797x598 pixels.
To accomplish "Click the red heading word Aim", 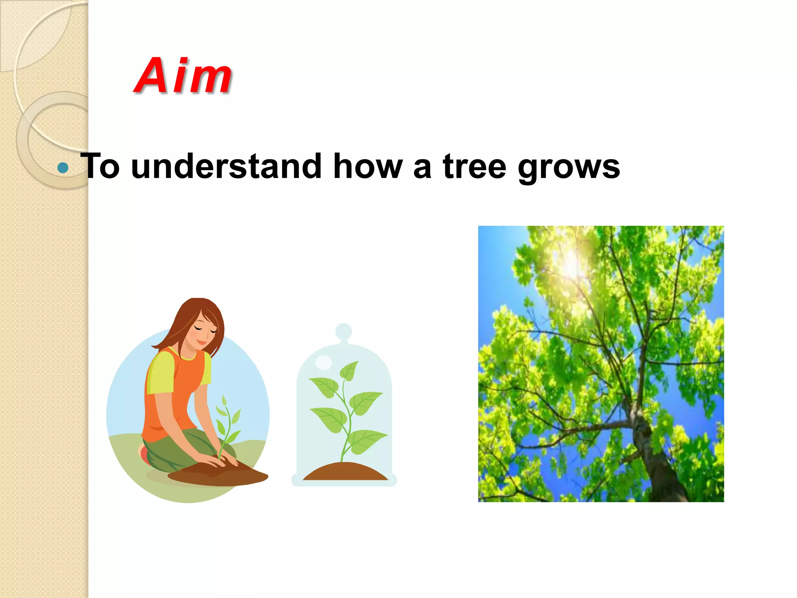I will [183, 76].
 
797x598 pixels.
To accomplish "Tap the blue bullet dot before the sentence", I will [63, 168].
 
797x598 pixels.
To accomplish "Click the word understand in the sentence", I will [226, 167].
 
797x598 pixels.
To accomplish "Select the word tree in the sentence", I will [474, 167].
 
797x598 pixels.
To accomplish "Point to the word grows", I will [569, 168].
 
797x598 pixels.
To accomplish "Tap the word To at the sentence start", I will [100, 167].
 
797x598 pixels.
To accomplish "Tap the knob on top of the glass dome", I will [344, 331].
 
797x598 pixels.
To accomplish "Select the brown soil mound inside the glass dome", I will [345, 472].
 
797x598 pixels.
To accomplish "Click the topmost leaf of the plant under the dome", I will [349, 371].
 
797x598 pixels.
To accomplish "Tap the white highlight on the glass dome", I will [323, 362].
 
